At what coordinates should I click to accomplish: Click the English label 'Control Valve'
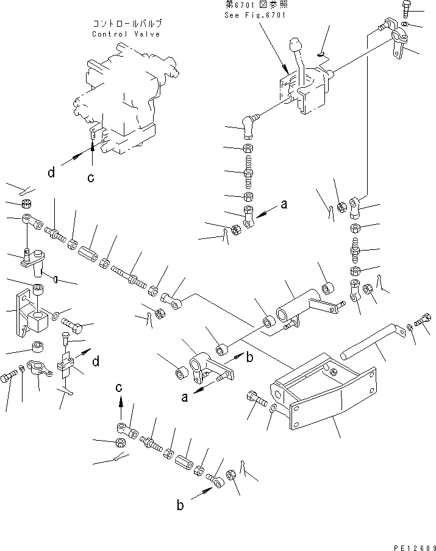(x=126, y=34)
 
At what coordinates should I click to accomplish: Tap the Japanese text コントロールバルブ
(x=126, y=24)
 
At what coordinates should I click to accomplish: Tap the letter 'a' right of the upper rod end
(x=284, y=205)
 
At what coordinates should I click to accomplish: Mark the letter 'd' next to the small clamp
(x=95, y=362)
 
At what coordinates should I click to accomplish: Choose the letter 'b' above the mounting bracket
(x=249, y=358)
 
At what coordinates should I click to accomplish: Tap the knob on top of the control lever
(x=296, y=46)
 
